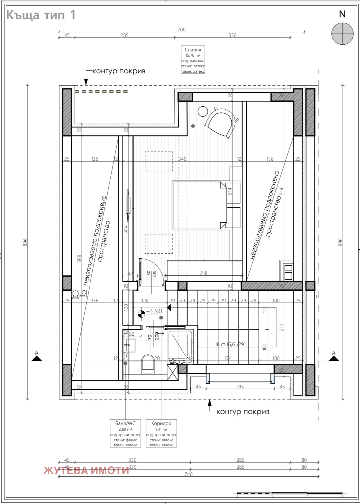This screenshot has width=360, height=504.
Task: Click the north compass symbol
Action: point(342,34)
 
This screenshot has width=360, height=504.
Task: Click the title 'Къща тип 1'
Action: point(41,15)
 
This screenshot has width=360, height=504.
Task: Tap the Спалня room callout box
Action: point(193,60)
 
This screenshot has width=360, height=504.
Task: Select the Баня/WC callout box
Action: point(125,433)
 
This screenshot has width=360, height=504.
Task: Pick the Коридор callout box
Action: point(161,433)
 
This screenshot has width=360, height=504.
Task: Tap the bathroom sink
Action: point(130,345)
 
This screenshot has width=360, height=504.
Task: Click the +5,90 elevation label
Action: point(154,311)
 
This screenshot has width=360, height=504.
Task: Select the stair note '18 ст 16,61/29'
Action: point(229,344)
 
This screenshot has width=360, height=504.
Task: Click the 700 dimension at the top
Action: point(182,30)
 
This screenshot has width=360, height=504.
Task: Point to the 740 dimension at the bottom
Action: point(188,474)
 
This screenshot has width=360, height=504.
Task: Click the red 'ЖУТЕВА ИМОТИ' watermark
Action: point(86,470)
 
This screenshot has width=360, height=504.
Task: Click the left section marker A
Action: point(37,357)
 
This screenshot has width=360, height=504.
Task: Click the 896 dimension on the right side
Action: point(340,242)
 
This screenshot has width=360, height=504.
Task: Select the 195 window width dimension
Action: point(240,387)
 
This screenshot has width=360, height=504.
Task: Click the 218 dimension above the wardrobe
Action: point(204,273)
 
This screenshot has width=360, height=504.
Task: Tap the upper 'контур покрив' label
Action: point(119,71)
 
